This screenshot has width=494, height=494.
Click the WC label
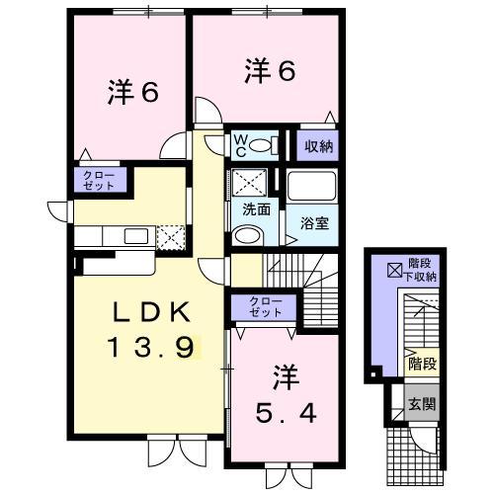(240, 145)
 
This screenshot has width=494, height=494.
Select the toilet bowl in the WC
(262, 146)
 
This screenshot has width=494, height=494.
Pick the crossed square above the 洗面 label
(243, 184)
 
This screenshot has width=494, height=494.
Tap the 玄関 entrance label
(421, 402)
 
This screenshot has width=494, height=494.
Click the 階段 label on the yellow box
(421, 364)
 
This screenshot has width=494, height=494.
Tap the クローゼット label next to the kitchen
(98, 181)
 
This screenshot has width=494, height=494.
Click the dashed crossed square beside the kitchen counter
(170, 237)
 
